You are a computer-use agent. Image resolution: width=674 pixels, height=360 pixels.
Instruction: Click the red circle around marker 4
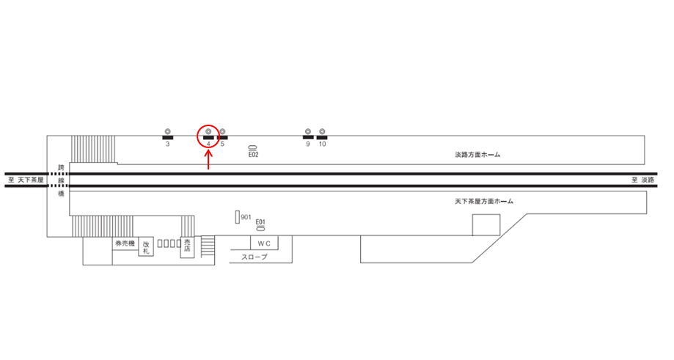coord(208,134)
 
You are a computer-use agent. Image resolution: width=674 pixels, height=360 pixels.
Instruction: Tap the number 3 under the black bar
coord(167,144)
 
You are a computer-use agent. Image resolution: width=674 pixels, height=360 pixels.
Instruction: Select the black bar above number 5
coord(223,137)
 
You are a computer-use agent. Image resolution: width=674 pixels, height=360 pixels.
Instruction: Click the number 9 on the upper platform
coord(308,144)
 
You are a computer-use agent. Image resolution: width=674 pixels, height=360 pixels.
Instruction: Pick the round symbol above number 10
coord(322,131)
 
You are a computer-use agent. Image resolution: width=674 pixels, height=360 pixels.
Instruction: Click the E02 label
coord(254,155)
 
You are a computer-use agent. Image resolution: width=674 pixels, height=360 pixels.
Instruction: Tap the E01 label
coord(260,222)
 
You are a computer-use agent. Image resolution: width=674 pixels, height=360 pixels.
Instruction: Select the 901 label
coord(246,218)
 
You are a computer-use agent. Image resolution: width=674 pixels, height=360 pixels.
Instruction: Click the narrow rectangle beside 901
coord(237,217)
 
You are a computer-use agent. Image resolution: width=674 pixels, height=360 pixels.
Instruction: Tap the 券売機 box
coord(124,244)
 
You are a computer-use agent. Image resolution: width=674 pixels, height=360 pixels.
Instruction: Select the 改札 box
coord(147,247)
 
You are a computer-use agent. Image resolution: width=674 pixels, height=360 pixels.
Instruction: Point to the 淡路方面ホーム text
coord(477,155)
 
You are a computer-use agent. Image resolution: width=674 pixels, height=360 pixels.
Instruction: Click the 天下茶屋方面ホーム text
coord(484,201)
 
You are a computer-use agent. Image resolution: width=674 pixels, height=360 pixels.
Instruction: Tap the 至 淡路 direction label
coord(642,180)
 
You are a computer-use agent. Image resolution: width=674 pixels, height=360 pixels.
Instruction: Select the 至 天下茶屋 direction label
coord(26,180)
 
